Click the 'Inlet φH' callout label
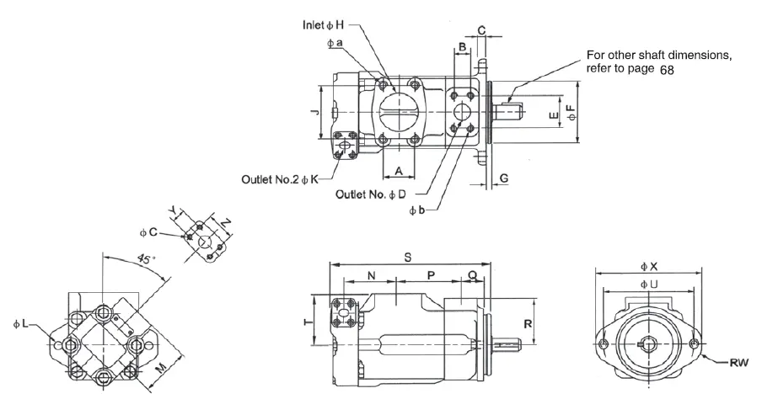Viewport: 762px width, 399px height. click(x=323, y=24)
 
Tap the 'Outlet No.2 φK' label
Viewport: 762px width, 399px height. click(x=280, y=179)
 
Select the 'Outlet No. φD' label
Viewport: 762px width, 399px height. click(x=370, y=194)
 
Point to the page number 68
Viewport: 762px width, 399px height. click(x=667, y=70)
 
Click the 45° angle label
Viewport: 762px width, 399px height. click(x=145, y=258)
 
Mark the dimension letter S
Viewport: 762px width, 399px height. click(x=408, y=258)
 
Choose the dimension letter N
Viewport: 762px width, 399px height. click(x=371, y=276)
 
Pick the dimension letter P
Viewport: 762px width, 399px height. click(x=431, y=276)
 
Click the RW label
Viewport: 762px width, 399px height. click(x=739, y=362)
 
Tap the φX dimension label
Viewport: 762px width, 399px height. click(x=649, y=266)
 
